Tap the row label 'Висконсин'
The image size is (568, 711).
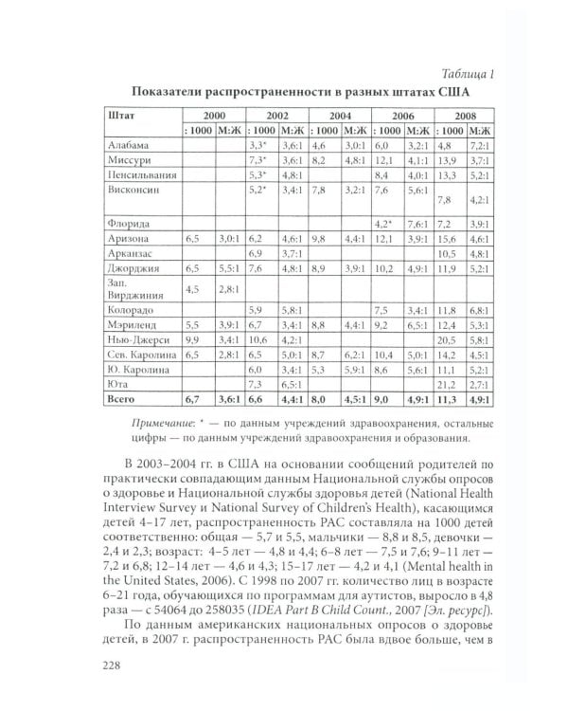pyautogui.click(x=133, y=190)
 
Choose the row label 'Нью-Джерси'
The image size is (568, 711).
pyautogui.click(x=138, y=339)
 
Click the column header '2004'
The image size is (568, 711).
pyautogui.click(x=340, y=115)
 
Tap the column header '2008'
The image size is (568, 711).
pyautogui.click(x=465, y=115)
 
